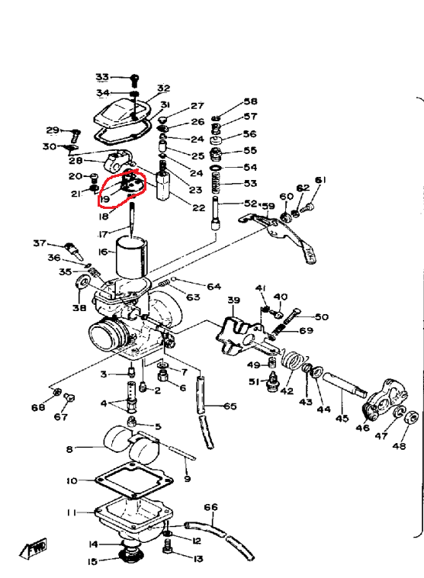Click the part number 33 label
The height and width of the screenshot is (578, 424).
[102, 77]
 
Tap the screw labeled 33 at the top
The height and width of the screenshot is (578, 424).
[135, 80]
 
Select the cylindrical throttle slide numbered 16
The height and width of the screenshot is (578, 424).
[132, 257]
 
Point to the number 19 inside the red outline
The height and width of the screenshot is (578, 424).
[104, 200]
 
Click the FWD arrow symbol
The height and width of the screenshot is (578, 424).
[34, 548]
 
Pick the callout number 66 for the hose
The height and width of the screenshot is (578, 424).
[210, 507]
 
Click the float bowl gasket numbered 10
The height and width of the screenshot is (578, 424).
[134, 480]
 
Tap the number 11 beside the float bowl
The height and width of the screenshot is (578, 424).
[72, 512]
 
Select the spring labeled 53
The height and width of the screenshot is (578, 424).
[217, 184]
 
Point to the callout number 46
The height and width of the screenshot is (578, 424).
[362, 428]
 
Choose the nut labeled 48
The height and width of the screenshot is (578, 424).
[411, 417]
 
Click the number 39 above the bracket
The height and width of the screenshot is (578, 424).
[234, 300]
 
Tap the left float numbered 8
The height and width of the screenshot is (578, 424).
[117, 438]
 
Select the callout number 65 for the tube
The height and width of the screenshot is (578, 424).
[230, 406]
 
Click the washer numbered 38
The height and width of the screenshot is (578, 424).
[82, 283]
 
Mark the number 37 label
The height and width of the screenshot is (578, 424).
[40, 243]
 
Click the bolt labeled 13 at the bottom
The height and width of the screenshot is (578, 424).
[167, 546]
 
